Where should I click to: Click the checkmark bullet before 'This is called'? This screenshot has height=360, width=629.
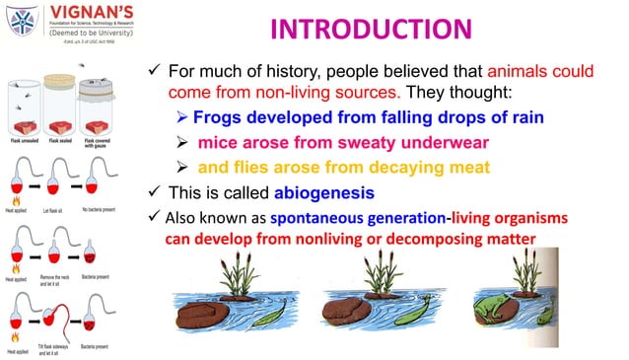[152, 191]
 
